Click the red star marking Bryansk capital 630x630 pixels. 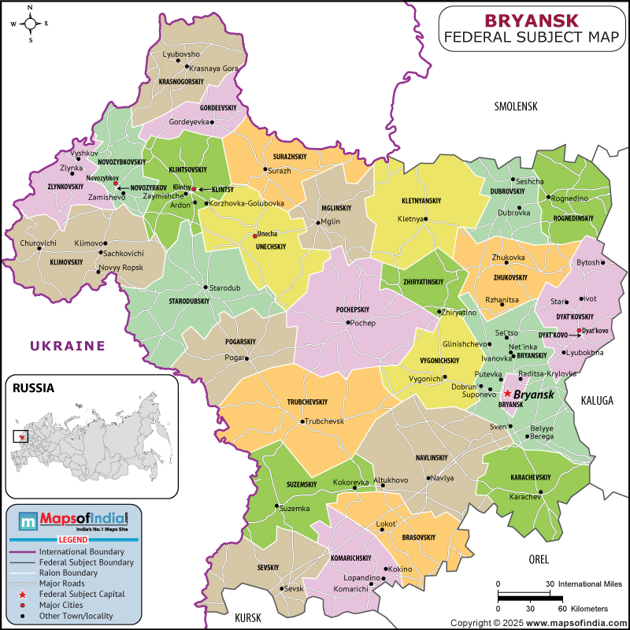(507, 393)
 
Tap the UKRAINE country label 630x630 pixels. (67, 345)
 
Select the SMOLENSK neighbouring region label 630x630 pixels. (515, 106)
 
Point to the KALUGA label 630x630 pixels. (597, 401)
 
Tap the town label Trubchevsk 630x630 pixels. (325, 421)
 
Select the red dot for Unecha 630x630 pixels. (254, 235)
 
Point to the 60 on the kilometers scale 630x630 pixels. (561, 609)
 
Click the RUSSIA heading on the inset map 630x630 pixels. (32, 387)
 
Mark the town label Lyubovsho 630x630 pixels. (182, 54)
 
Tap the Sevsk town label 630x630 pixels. (293, 588)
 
